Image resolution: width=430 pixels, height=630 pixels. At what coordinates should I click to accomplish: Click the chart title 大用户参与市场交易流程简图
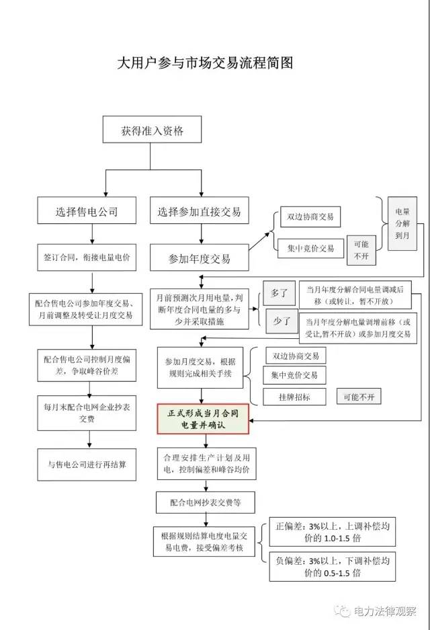(x=206, y=63)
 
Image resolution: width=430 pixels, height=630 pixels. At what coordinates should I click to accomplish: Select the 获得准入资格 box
(x=153, y=130)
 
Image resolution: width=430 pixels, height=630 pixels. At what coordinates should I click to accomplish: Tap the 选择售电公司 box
(x=87, y=212)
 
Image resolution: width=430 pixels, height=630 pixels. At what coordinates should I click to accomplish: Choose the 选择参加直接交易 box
(x=199, y=212)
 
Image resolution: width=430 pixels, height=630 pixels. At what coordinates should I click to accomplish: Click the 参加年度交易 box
(x=199, y=259)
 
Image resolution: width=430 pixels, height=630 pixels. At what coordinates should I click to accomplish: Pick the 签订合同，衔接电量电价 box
(x=87, y=257)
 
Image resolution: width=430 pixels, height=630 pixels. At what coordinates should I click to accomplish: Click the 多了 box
(x=279, y=293)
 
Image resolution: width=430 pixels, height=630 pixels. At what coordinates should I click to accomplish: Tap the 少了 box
(x=279, y=322)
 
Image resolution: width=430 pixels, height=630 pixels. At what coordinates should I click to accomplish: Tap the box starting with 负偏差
(x=327, y=566)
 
